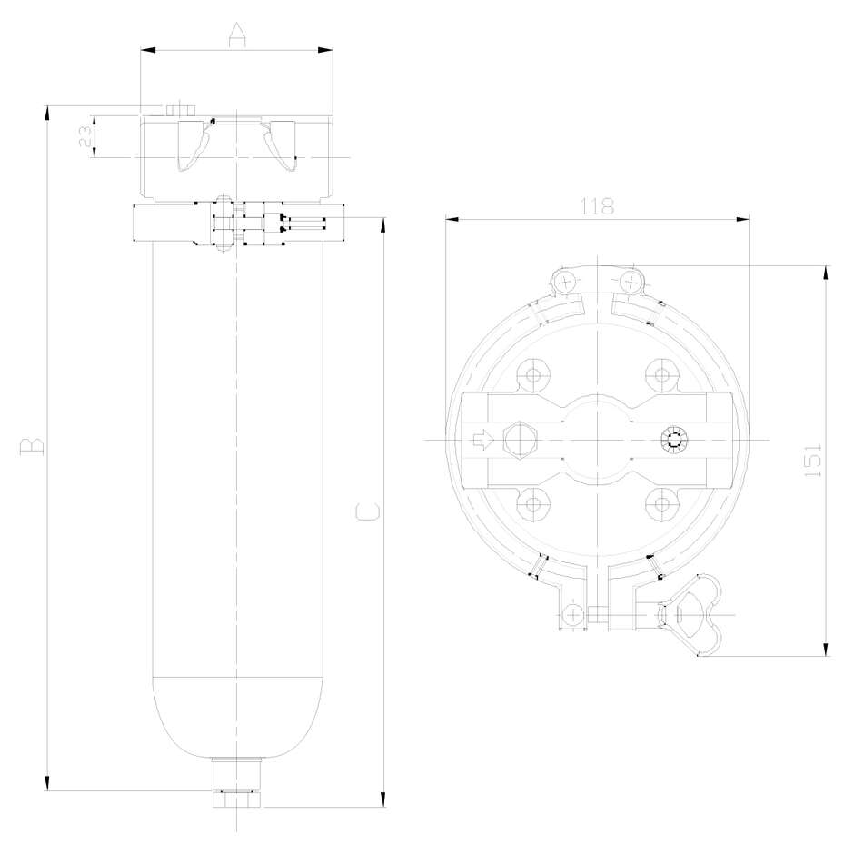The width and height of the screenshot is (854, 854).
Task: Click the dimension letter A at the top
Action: pyautogui.click(x=236, y=36)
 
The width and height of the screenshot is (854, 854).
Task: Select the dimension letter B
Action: pyautogui.click(x=33, y=445)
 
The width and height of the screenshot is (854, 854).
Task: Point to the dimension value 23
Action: pyautogui.click(x=84, y=137)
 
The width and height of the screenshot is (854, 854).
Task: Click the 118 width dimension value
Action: pyautogui.click(x=597, y=206)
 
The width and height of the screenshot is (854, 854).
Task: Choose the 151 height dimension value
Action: pyautogui.click(x=813, y=461)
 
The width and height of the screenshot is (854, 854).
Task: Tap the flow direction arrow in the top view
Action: pyautogui.click(x=484, y=441)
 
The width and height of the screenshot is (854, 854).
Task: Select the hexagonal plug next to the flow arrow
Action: pyautogui.click(x=520, y=441)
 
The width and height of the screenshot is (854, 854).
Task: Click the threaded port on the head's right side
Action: pyautogui.click(x=675, y=441)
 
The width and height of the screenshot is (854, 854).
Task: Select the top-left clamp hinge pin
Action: pyautogui.click(x=568, y=281)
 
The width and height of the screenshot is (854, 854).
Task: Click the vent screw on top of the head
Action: pyautogui.click(x=182, y=109)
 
